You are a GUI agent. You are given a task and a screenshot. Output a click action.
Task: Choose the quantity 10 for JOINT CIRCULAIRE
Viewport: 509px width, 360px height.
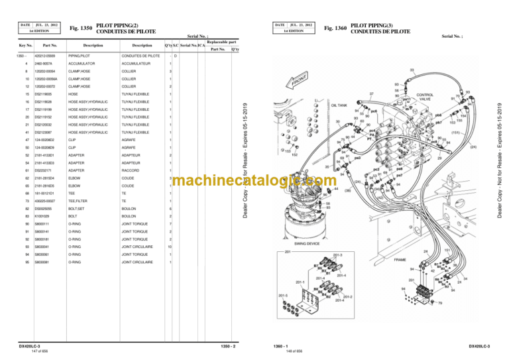point(170,247)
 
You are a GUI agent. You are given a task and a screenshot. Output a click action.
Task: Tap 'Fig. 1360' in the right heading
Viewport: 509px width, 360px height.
point(336,28)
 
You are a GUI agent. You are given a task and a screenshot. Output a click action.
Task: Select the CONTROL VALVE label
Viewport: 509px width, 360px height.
point(425,97)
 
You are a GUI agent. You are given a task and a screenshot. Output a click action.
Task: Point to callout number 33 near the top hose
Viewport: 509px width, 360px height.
point(412,70)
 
